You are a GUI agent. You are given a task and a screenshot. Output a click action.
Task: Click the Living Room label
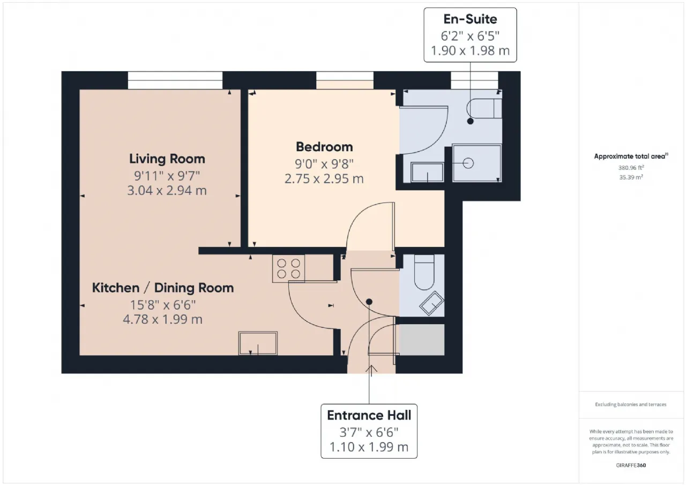pos(167,159)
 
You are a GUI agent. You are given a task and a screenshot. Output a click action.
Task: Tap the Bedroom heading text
pos(324,147)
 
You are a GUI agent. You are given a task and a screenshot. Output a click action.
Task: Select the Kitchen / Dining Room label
pos(163,288)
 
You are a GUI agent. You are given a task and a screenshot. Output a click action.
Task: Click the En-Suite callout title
pos(470,19)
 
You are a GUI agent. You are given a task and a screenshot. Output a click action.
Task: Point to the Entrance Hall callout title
pos(369,415)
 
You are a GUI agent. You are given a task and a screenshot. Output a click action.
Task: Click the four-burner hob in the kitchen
pos(288,268)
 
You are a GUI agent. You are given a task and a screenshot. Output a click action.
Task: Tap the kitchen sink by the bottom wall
pos(258,343)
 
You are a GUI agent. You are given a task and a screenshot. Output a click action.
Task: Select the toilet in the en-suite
pos(484,108)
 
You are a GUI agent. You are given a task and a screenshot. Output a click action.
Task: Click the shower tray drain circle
pos(468,163)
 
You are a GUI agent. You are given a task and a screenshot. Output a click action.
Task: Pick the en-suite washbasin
pos(427,173)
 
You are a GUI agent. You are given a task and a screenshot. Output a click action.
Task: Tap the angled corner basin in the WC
pos(432,303)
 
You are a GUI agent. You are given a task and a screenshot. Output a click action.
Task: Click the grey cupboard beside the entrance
pos(422,340)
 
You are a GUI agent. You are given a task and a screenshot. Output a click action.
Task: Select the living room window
pos(175,80)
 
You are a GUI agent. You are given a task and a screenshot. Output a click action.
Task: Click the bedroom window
pos(345,80)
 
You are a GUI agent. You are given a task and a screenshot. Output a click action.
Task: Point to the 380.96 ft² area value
pos(631,168)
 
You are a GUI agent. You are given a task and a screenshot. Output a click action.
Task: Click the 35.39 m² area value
pos(631,177)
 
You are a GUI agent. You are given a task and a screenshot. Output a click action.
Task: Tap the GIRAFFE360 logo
pos(631,465)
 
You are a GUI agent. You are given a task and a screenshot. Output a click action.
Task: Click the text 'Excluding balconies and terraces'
pos(631,405)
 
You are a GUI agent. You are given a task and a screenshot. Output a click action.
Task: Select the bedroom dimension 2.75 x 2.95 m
pos(324,178)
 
